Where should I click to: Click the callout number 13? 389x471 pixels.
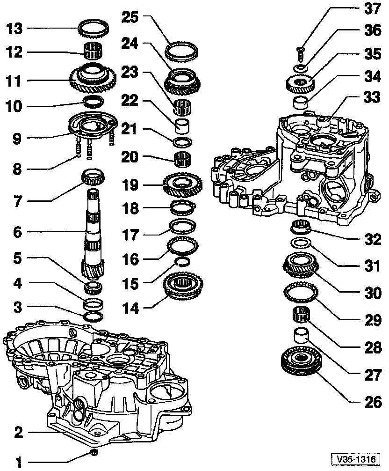tap(14, 29)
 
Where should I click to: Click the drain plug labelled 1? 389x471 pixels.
tap(93, 452)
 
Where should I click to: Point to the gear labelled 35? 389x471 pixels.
tap(299, 86)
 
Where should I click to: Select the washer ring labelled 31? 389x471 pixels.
tap(300, 243)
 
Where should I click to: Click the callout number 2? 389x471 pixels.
tap(18, 432)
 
